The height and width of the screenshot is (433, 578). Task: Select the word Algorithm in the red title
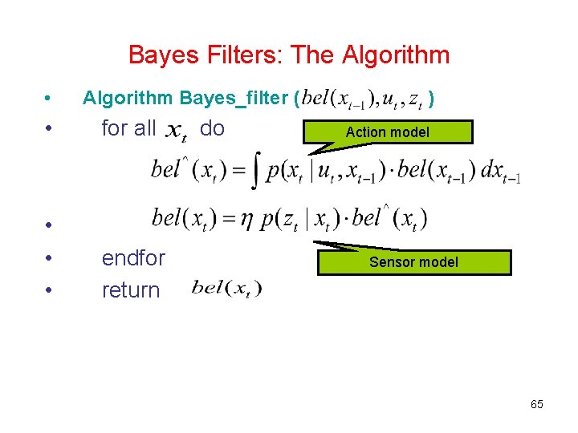coord(396,55)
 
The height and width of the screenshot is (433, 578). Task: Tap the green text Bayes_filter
coord(236,99)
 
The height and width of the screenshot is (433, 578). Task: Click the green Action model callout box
coord(388,132)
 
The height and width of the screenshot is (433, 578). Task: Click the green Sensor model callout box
coord(413,262)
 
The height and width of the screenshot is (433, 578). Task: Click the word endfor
coord(133,258)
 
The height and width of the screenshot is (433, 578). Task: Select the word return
coord(131,290)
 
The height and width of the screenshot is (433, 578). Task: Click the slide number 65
coord(537,404)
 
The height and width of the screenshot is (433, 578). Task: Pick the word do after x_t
coord(212,128)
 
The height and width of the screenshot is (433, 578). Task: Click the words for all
coord(128,128)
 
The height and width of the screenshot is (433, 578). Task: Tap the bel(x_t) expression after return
coord(226,289)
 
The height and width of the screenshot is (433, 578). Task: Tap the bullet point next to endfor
coord(49,259)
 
